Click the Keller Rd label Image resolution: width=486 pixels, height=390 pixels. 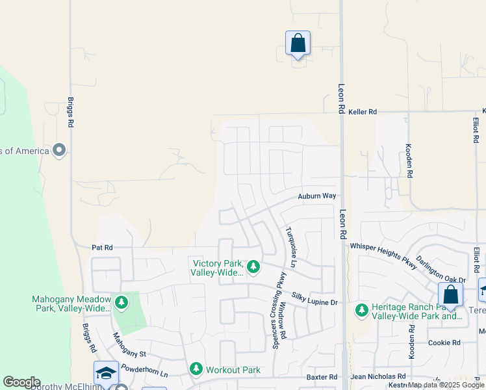363,112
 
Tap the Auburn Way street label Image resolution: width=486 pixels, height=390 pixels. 317,196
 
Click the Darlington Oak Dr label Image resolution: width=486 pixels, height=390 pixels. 441,268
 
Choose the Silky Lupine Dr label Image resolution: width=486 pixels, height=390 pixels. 315,298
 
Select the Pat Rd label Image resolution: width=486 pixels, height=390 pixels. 102,248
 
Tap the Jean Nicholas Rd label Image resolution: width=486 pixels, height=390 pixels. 377,376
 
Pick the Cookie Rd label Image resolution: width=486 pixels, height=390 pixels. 444,343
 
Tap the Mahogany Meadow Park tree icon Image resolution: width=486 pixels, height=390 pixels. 121,302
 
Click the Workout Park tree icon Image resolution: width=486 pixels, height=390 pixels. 196,369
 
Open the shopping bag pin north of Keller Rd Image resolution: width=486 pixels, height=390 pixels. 298,44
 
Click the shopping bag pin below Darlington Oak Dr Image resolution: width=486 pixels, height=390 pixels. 450,295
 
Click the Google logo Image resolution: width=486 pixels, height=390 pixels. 21,382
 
